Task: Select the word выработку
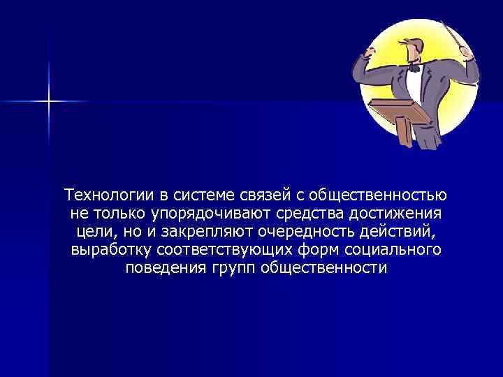(112, 250)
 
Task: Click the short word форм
(304, 250)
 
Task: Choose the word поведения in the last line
(161, 269)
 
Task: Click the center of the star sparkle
(49, 102)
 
